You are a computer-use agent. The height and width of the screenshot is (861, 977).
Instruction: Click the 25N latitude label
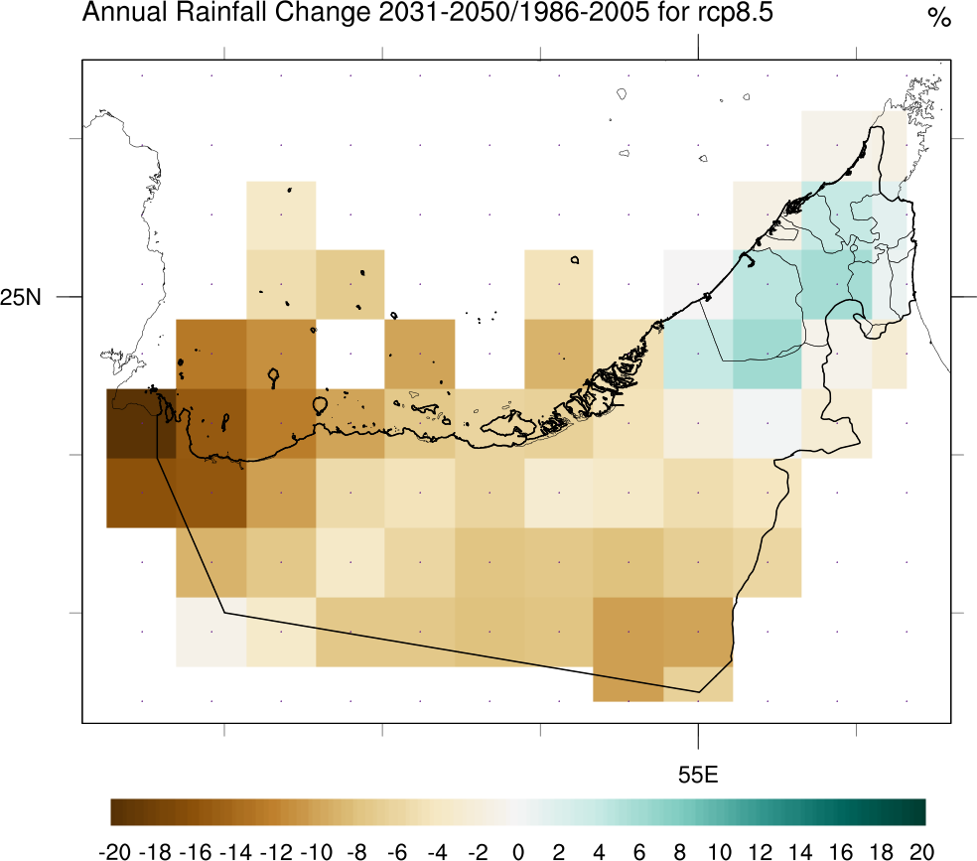tap(21, 297)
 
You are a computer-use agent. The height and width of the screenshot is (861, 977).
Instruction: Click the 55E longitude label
tap(698, 775)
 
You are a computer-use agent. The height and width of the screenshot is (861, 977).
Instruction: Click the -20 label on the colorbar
tap(117, 850)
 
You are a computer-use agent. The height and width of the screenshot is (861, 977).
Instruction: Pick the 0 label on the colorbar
tap(518, 850)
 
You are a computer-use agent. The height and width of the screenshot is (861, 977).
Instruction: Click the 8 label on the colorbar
tap(680, 850)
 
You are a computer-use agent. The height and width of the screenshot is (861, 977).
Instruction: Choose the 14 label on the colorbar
tap(801, 850)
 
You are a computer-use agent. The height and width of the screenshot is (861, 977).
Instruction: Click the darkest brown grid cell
tap(141, 423)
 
